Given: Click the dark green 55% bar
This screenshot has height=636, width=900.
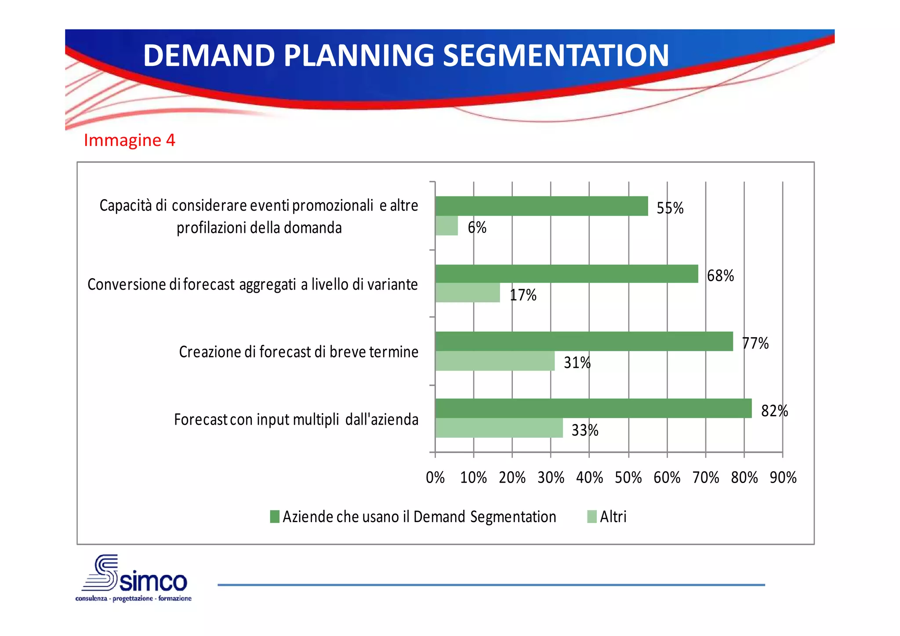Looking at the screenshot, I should point(541,206).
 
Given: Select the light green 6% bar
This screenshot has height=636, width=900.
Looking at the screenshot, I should point(446,226).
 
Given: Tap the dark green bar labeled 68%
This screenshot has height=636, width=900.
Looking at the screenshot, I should point(566,273).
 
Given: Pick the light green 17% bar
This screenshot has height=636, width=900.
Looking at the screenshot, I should point(467,293).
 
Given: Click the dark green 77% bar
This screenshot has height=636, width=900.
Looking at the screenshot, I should point(584,341).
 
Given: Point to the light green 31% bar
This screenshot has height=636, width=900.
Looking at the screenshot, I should point(494,361).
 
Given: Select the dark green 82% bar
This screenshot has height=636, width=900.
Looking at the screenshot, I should point(593,408).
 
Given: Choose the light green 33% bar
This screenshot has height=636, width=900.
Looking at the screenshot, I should point(499,428).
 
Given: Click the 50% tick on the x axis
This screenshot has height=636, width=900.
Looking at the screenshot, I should point(628,477).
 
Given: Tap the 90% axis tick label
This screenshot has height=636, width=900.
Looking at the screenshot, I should point(783,477).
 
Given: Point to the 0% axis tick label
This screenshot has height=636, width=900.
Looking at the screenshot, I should point(435,477).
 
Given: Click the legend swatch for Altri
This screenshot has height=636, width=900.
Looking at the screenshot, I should point(592,516).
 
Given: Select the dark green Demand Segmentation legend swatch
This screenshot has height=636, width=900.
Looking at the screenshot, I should point(275,516).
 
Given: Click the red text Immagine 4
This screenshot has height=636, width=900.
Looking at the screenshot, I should point(129,140).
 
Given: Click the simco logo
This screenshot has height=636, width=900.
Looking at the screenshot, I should point(134,578).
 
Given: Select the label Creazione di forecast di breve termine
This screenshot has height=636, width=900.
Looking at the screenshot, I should point(298,352).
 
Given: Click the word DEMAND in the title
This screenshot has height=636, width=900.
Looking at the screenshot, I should point(209,55).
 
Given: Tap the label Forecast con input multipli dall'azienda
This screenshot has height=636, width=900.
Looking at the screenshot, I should point(296,419).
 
